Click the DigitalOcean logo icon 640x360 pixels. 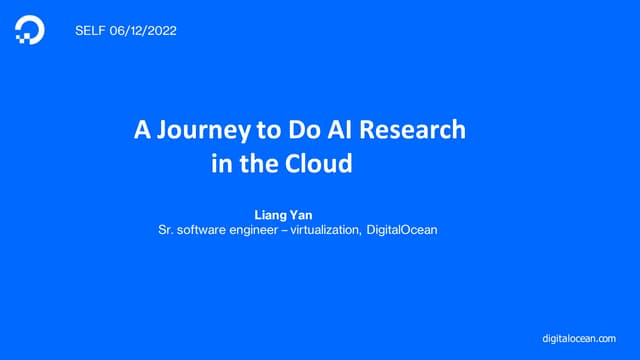click(30, 31)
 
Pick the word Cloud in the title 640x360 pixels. click(317, 164)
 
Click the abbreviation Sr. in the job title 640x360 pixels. click(167, 230)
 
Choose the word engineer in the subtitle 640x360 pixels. click(266, 230)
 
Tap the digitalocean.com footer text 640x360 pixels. click(585, 340)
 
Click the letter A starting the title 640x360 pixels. click(142, 130)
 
